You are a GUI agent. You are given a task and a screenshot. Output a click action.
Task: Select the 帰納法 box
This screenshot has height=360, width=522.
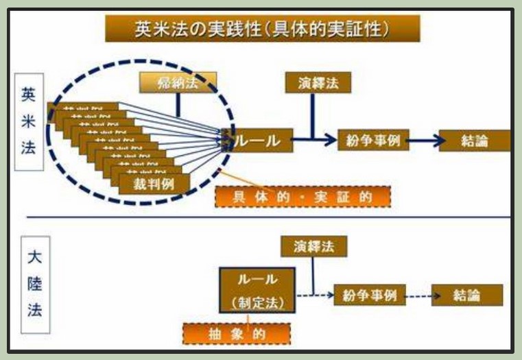(177, 83)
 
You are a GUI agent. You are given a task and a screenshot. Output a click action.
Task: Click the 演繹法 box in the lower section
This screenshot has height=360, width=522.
(313, 245)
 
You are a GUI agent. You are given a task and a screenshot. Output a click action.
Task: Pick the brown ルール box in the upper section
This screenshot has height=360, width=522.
(259, 140)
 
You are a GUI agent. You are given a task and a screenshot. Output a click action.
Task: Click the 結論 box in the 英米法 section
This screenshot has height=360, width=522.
(475, 141)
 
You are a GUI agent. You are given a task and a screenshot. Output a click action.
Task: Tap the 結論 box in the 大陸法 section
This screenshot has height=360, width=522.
(466, 296)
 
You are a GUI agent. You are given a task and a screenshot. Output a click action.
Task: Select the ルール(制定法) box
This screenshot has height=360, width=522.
(257, 291)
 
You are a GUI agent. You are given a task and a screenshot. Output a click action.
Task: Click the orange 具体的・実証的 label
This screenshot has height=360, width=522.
(302, 197)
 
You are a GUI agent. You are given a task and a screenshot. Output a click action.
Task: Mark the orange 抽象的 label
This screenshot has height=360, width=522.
(236, 333)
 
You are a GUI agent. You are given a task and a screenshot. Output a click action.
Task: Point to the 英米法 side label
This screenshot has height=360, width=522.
(29, 123)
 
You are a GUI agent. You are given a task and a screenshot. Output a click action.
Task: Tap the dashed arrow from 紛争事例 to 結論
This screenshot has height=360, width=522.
(417, 296)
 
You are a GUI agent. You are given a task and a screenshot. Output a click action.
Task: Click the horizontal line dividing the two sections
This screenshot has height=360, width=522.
(268, 217)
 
